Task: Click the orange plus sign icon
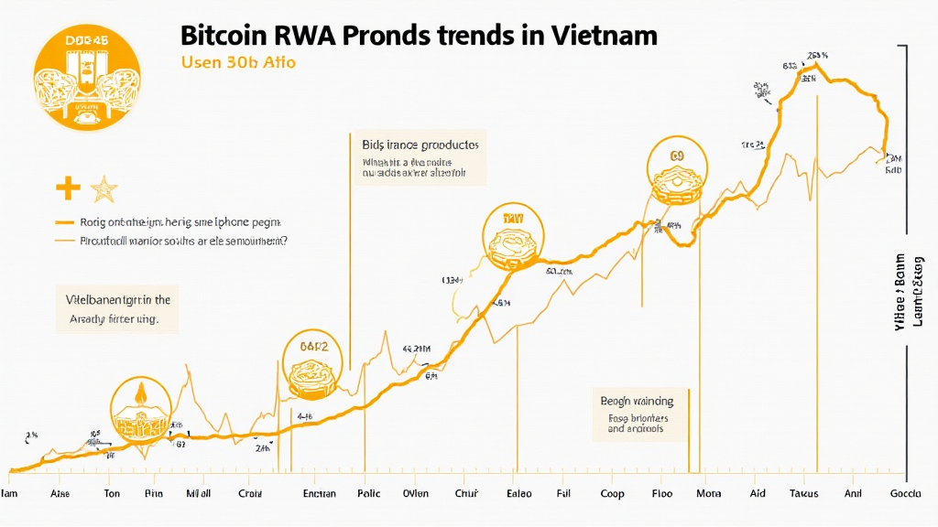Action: tap(68, 189)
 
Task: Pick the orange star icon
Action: tap(104, 189)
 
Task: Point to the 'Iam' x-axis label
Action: tap(10, 493)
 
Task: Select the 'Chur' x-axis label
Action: tap(467, 493)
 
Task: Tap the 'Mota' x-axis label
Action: tap(708, 493)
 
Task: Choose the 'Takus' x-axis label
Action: tap(803, 493)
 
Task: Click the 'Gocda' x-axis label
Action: tap(906, 493)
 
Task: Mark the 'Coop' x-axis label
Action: tap(611, 493)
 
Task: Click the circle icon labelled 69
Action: tap(677, 170)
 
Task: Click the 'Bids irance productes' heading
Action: tap(420, 145)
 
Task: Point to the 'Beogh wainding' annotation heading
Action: tap(637, 401)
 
